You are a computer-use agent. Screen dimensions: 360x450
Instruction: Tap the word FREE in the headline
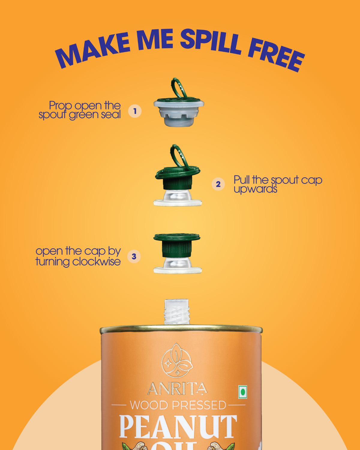point(276,56)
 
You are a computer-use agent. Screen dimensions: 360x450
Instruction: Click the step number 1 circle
point(135,111)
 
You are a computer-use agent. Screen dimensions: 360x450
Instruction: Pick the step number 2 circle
point(218,184)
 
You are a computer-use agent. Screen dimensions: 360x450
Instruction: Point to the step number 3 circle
point(134,256)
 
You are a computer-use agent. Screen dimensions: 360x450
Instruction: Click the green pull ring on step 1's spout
point(178,88)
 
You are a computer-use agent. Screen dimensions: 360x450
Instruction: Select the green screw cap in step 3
point(177,245)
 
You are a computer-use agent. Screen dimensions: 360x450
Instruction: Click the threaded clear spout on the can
point(177,312)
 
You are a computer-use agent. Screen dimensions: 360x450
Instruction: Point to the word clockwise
point(96,261)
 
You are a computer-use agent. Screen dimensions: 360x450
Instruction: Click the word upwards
point(255,189)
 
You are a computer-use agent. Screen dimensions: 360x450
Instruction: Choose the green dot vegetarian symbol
point(243,392)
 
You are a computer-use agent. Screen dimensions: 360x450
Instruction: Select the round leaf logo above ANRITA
point(177,360)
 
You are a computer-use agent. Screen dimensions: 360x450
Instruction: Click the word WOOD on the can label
point(149,405)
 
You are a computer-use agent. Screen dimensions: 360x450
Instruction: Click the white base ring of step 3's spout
point(178,270)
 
